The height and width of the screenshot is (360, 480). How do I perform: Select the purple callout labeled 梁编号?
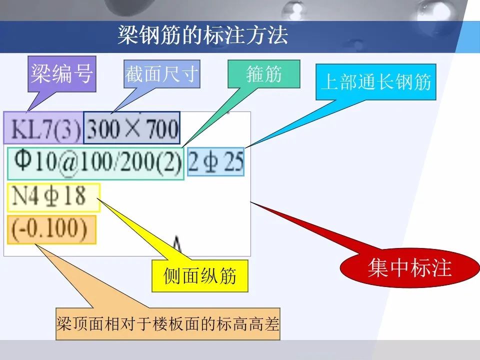62,74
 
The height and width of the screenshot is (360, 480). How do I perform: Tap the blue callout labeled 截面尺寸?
161,75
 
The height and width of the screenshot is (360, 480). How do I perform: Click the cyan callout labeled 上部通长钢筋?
376,81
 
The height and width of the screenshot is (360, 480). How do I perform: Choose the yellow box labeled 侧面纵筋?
200,275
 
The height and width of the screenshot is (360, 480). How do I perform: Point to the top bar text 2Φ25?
216,161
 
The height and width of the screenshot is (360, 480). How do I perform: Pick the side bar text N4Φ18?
48,196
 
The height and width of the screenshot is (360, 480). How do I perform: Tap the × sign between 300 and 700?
133,129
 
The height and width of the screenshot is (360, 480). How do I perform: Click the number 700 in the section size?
163,129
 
